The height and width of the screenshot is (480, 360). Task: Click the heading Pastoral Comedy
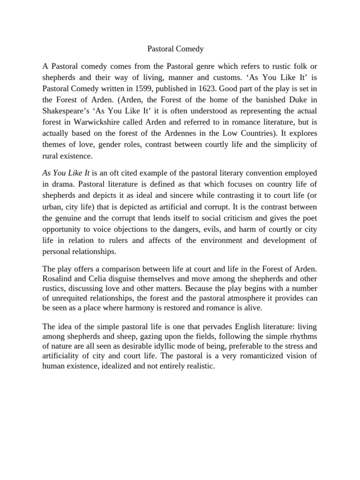tap(173, 48)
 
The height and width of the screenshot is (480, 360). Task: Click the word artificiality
tap(62, 356)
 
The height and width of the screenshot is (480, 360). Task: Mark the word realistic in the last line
tap(198, 367)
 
